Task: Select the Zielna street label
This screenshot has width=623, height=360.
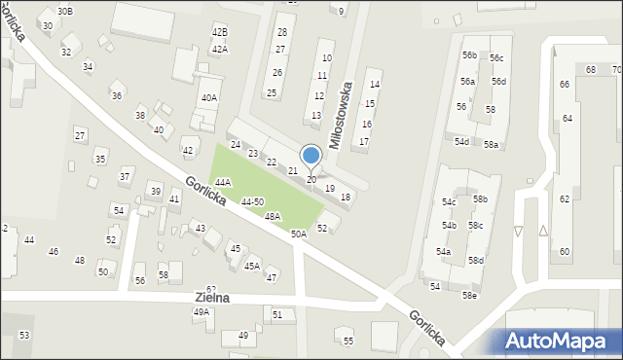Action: pos(212,298)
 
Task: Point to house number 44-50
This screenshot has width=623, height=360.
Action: pos(252,201)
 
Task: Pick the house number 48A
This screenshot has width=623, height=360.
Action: pos(273,217)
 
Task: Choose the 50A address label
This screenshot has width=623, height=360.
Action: pos(298,234)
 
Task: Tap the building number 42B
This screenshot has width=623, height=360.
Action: pos(220,32)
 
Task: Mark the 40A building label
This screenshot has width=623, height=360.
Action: pos(209,97)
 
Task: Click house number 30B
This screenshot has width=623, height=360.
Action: pos(64,11)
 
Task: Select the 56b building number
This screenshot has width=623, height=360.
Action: pos(470,55)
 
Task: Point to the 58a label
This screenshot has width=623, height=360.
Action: pos(492,145)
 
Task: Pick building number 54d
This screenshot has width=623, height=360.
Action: pos(461,142)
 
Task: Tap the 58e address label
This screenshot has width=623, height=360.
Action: pos(470,295)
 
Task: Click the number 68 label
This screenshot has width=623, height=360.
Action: pos(591,70)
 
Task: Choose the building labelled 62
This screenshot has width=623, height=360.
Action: pos(565,198)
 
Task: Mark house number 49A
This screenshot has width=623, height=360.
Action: pos(202,312)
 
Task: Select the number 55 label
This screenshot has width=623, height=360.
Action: pos(348,341)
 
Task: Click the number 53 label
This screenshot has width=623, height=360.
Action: pos(24,335)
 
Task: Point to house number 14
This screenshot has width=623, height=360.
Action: pos(375,85)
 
